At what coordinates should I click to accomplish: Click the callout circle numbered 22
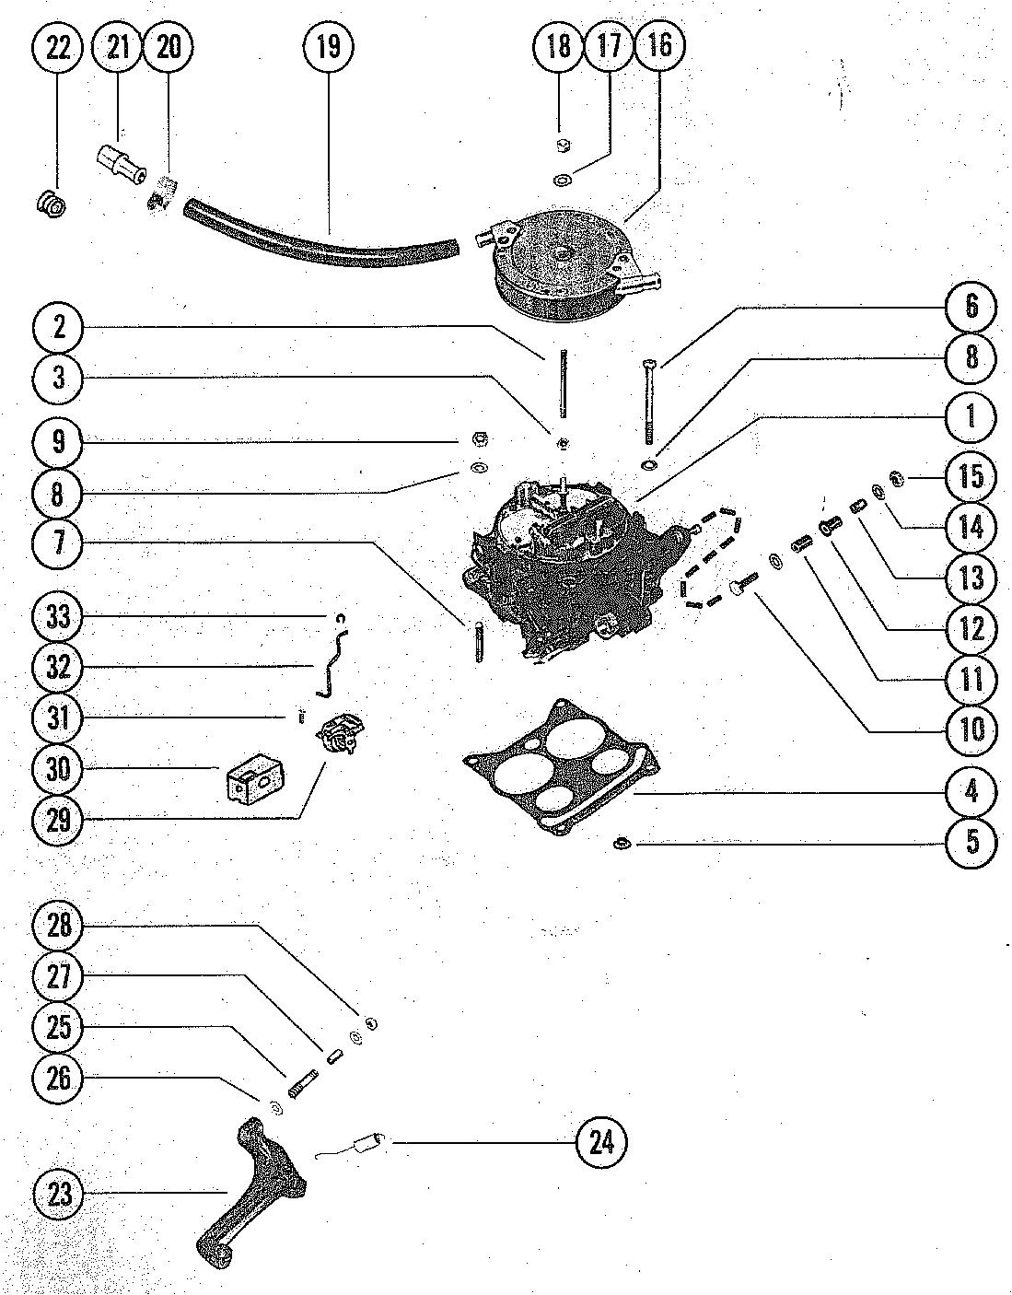click(x=58, y=48)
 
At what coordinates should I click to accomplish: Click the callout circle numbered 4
click(x=971, y=792)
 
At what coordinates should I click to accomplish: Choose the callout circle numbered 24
click(x=601, y=1142)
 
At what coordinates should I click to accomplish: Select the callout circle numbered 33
click(x=58, y=616)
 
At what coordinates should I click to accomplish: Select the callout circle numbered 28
click(x=58, y=925)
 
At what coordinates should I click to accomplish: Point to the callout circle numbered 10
click(x=971, y=729)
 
